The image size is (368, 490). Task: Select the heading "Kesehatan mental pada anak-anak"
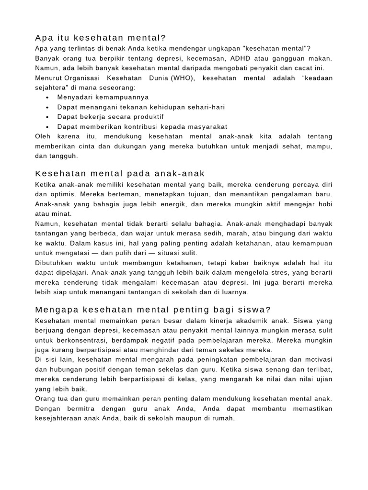(120, 173)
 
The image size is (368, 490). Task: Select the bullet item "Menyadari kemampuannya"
(96, 98)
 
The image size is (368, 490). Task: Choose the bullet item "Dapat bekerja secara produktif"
(110, 117)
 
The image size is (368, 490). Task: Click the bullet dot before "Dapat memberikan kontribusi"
(48, 127)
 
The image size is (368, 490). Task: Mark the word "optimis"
(59, 194)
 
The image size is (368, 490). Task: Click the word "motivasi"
(318, 359)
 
